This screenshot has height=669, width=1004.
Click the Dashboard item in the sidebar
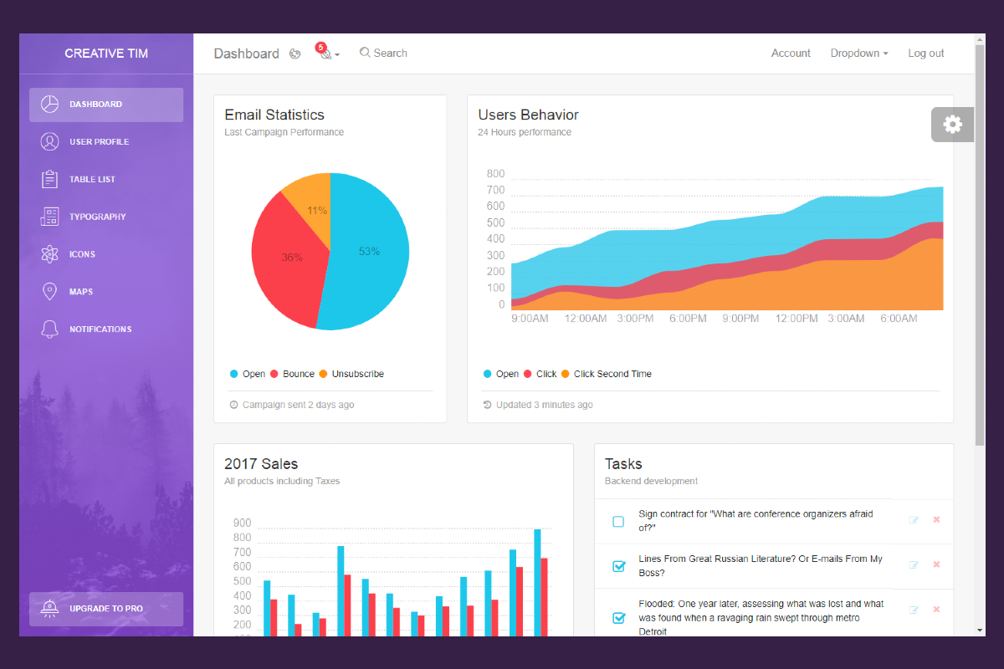point(105,105)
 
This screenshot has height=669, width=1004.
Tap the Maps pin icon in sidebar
point(49,292)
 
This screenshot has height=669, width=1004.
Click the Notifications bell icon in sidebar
point(49,329)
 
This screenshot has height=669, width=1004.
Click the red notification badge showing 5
point(320,48)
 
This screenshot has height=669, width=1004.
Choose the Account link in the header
point(791,54)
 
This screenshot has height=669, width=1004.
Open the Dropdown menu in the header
point(858,54)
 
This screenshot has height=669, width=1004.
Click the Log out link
point(926,54)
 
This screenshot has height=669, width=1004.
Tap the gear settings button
point(952,125)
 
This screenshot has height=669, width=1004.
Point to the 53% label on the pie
point(369,251)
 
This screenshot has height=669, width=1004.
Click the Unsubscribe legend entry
point(357,374)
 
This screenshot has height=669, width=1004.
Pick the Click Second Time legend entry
point(612,374)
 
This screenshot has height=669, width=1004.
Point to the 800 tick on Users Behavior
point(495,174)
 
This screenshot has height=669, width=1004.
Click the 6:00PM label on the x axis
point(688,319)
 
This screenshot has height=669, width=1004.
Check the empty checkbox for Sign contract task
point(618,522)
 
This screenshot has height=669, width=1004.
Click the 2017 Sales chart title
point(261,464)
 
